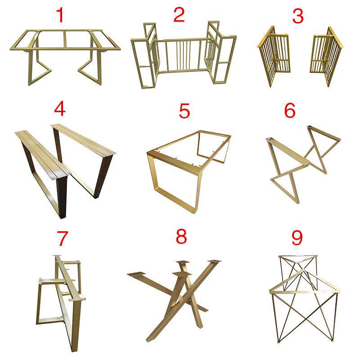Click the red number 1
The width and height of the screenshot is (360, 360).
[x=60, y=15]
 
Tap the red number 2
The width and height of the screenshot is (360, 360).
[x=179, y=15]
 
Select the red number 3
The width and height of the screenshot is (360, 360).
[x=298, y=16]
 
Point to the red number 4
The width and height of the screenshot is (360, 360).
[x=60, y=109]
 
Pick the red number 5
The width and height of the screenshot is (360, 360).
[x=184, y=111]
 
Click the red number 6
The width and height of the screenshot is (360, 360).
[x=290, y=110]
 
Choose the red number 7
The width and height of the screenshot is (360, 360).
[x=63, y=238]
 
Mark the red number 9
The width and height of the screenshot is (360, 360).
[x=297, y=238]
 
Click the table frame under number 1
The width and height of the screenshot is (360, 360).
[x=65, y=49]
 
